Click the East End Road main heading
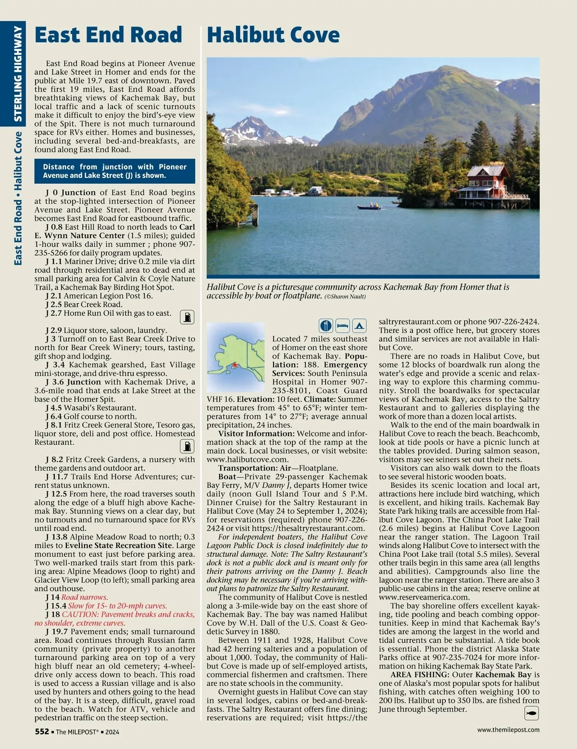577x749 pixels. point(108,35)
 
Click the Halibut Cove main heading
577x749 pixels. point(273,35)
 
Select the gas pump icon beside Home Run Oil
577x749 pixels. point(187,317)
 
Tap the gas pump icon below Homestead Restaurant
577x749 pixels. point(187,446)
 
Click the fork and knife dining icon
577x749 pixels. point(326,325)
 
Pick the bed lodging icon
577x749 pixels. point(342,325)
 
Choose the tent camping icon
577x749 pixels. point(360,325)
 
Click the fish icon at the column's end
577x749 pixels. point(531,713)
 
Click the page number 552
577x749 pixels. point(42,731)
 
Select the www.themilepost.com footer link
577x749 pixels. point(508,729)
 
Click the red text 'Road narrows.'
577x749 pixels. point(84,597)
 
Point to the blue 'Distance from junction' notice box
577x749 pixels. point(114,171)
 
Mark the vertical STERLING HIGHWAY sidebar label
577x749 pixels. point(18,75)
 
